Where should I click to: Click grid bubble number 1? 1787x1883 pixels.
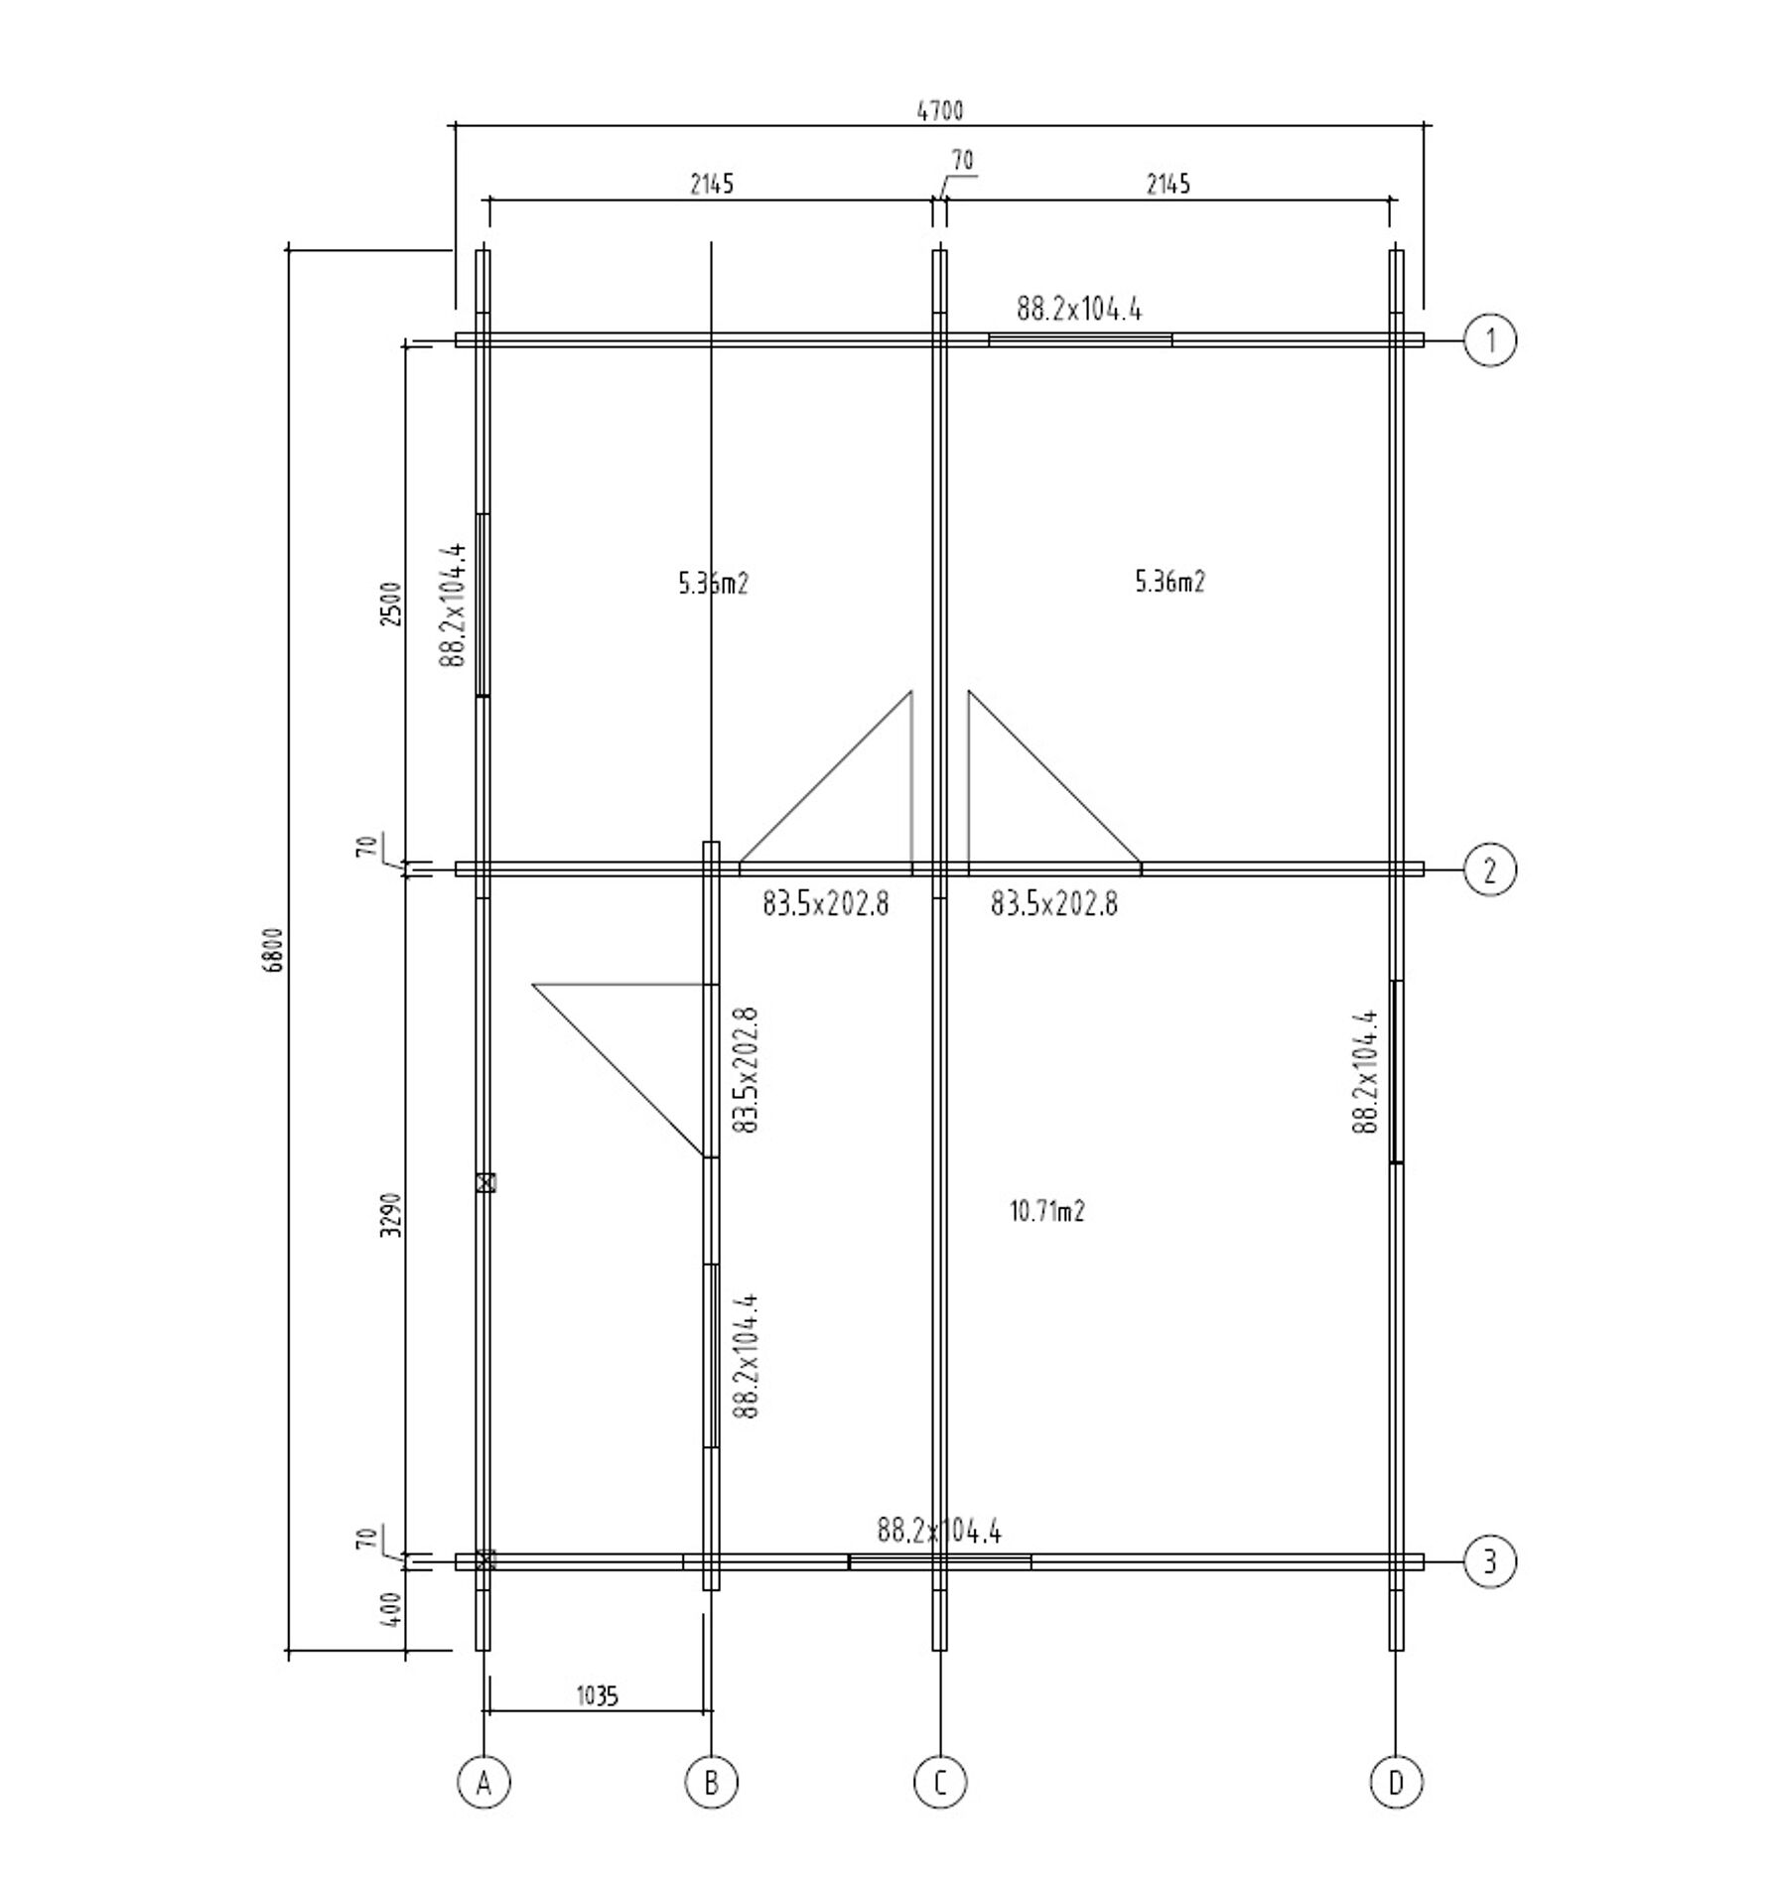click(x=1490, y=340)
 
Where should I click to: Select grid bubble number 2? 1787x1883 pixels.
click(x=1490, y=870)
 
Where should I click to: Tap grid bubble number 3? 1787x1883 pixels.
click(x=1490, y=1561)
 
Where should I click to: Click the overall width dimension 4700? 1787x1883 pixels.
click(x=939, y=110)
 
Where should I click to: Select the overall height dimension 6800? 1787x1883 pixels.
click(x=276, y=950)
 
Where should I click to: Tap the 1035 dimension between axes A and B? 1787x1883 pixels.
click(x=598, y=1695)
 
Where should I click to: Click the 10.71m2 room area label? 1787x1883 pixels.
click(x=1047, y=1211)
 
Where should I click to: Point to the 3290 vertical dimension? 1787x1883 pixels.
click(x=393, y=1213)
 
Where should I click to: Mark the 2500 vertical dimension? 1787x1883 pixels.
click(x=393, y=603)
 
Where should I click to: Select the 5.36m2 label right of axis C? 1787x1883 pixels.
click(x=1169, y=582)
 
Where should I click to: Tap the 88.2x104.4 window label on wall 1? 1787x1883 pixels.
click(x=1079, y=310)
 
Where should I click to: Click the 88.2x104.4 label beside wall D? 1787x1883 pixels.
click(x=1365, y=1072)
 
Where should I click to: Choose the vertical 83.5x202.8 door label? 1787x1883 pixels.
click(x=746, y=1070)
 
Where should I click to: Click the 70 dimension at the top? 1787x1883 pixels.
click(x=962, y=160)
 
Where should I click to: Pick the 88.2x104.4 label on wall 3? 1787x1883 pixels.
click(x=939, y=1531)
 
